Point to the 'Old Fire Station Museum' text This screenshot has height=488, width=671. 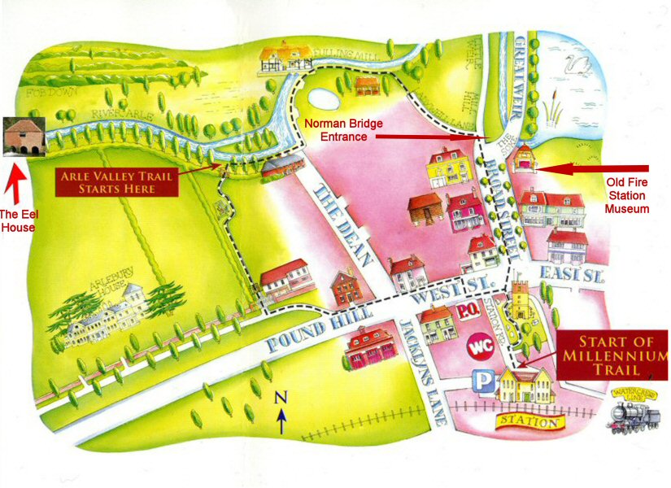pos(626,196)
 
